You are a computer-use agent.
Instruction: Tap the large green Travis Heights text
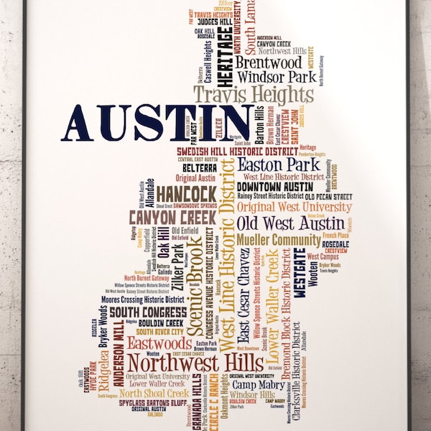coord(254,95)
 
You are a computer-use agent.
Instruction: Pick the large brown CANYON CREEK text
coord(172,216)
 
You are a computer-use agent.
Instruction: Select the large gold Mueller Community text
coord(278,239)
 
